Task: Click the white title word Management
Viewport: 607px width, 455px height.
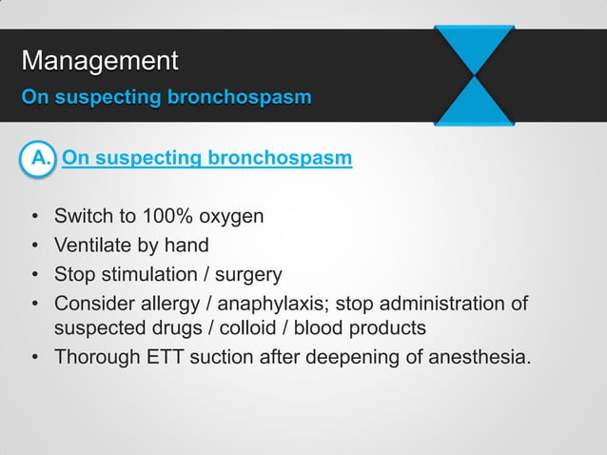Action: (x=100, y=62)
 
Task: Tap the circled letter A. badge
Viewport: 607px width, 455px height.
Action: (x=41, y=157)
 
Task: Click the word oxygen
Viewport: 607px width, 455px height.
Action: (x=230, y=216)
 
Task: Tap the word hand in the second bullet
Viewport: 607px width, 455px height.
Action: (x=186, y=246)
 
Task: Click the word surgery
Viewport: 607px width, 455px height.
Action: (x=249, y=275)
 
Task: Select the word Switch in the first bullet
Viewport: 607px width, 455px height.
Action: (x=82, y=216)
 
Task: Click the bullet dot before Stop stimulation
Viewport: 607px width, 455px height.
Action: (x=35, y=276)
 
